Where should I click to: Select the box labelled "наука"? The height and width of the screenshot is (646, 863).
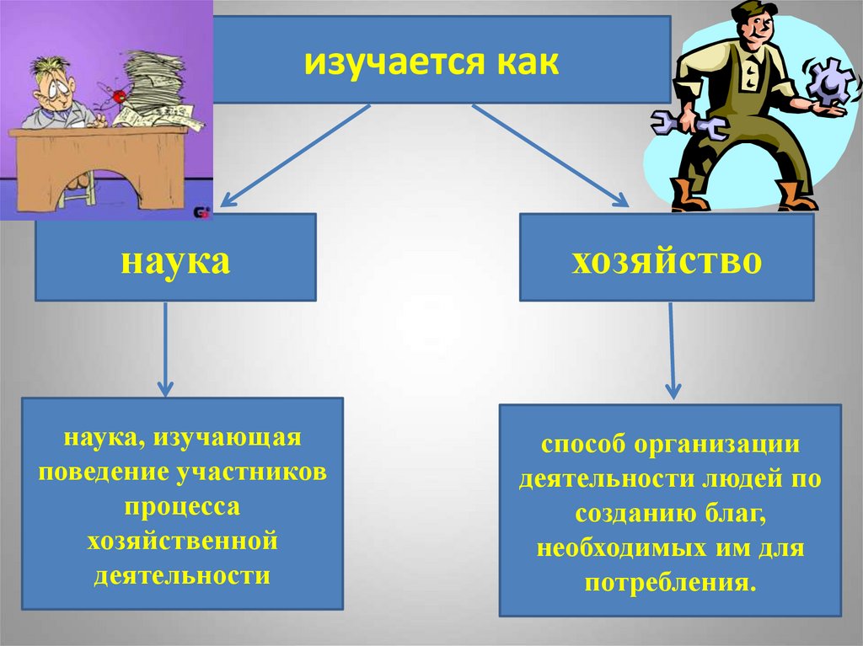coord(175,258)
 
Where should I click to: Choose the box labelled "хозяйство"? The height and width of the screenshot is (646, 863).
coord(667,258)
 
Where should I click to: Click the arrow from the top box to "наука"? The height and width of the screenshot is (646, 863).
coord(295,156)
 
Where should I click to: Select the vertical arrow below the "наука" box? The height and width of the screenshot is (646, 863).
coord(165,349)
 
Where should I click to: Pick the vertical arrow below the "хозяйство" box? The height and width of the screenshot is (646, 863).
coord(672,350)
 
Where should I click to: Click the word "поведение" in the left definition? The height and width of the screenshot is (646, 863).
coord(104,472)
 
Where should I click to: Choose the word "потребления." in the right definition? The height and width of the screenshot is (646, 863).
coord(669,584)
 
